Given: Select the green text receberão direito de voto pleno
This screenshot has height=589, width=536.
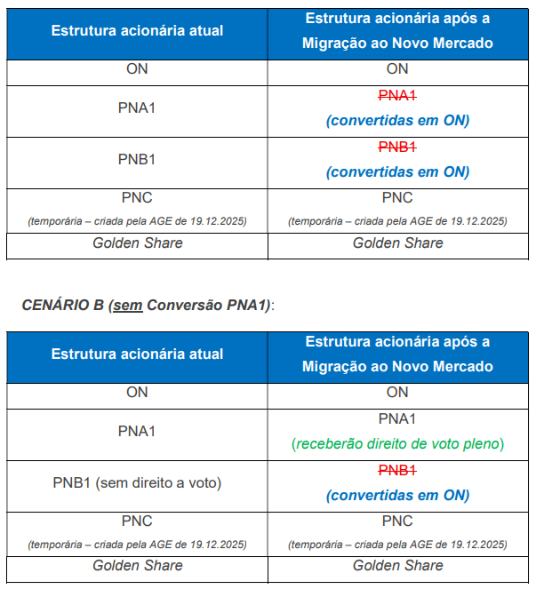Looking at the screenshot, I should [x=397, y=443].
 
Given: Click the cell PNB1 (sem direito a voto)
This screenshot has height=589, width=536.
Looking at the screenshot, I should [x=137, y=483].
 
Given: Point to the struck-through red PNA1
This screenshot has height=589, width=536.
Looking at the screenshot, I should [x=397, y=96].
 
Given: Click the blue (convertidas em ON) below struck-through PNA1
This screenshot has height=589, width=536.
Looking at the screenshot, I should [x=397, y=120].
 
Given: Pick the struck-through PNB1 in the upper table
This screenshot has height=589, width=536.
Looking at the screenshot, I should [x=397, y=147].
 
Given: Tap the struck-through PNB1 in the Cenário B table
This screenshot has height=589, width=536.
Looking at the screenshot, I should [x=397, y=471].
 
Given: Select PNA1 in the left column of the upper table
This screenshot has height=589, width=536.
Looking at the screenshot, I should [x=137, y=107].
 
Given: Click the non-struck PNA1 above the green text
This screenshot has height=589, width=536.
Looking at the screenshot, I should [x=397, y=418].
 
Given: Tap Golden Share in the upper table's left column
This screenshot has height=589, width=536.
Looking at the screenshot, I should [x=137, y=243].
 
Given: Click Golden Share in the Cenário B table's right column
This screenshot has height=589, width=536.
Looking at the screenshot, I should [x=397, y=565].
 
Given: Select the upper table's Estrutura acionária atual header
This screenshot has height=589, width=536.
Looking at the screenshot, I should [x=137, y=31].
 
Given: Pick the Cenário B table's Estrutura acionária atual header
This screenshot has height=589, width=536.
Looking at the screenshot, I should [x=137, y=354].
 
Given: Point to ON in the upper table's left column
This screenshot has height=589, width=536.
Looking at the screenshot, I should [x=137, y=68].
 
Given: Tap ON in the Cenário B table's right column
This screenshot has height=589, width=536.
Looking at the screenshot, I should [x=397, y=392].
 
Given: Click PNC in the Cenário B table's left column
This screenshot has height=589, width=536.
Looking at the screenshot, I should [x=137, y=521].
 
